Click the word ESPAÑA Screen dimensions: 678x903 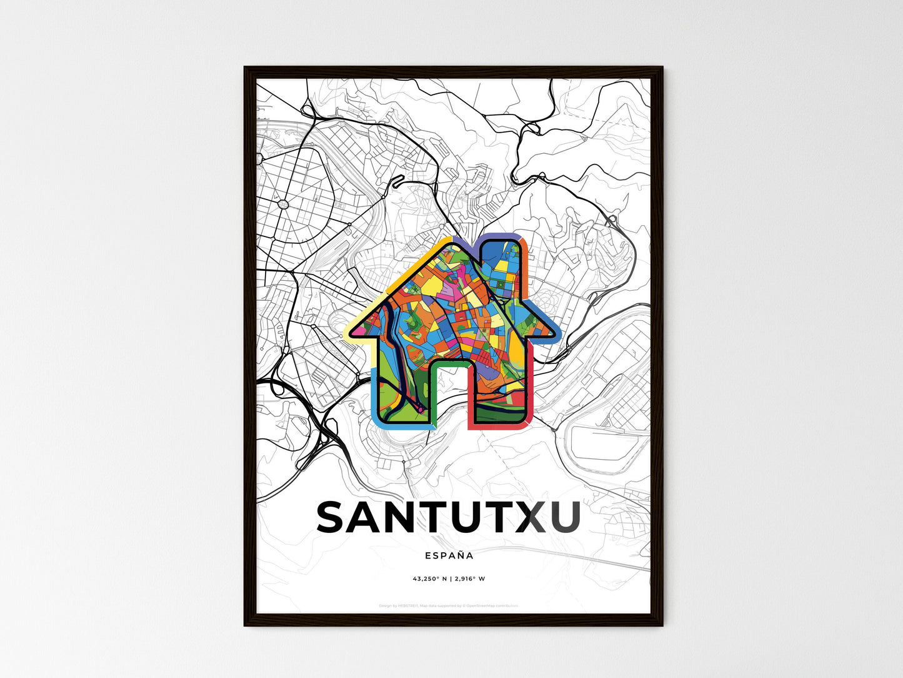click(x=449, y=555)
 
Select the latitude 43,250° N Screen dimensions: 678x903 click(x=430, y=579)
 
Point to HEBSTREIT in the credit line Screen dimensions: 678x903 click(x=409, y=606)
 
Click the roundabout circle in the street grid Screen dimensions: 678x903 click(x=283, y=203)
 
